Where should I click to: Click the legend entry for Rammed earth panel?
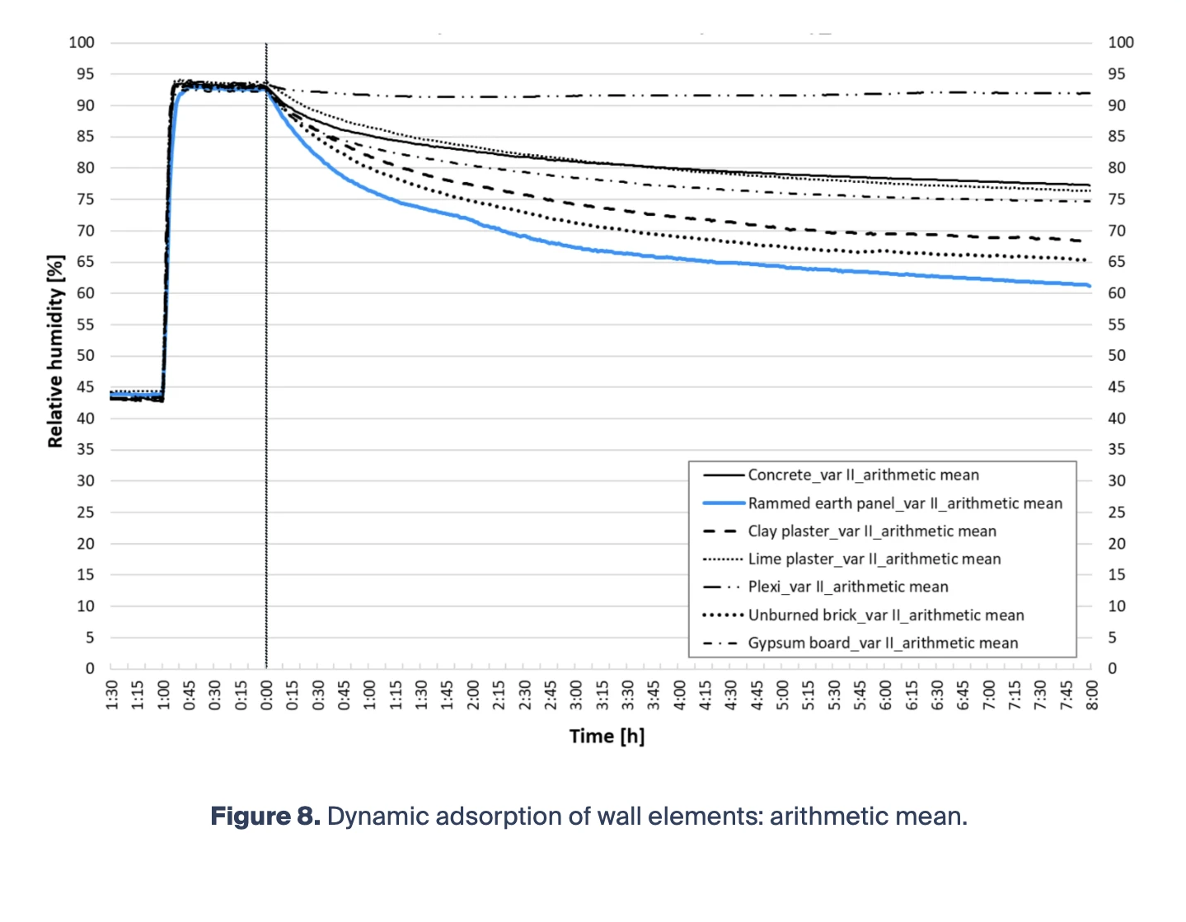905,503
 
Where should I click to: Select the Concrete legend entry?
863,475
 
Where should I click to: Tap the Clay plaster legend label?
872,531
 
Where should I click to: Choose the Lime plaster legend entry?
874,559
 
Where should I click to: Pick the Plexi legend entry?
847,587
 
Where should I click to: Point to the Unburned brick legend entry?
885,615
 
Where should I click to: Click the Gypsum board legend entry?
883,644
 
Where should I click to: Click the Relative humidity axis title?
55,352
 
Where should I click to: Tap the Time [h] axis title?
607,737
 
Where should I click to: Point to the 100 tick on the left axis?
82,43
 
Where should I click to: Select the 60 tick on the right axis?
1117,293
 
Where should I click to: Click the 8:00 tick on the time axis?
1091,695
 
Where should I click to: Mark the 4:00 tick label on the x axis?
679,695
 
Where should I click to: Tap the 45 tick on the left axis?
86,387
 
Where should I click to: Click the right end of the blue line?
1090,286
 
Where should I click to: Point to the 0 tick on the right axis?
1113,669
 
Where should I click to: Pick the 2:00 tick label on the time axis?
473,695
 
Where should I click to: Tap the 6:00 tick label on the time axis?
885,695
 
